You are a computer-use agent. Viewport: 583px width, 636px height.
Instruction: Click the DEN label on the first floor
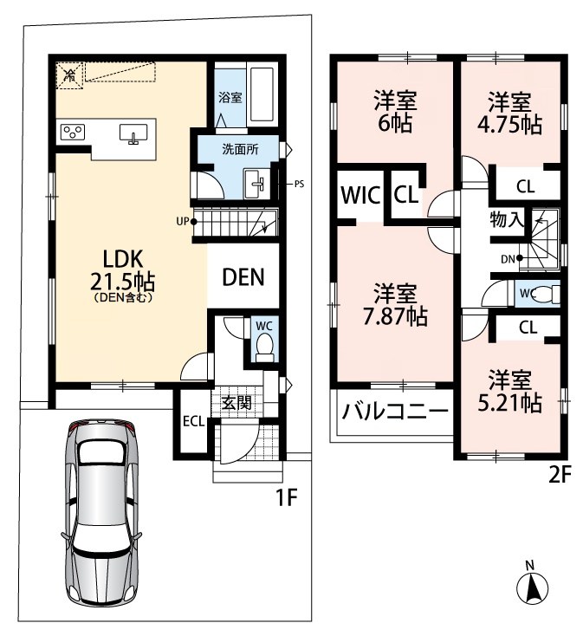coord(243,277)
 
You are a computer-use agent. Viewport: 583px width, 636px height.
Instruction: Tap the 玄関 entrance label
coord(236,403)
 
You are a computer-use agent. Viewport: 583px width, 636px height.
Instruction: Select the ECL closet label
coord(193,421)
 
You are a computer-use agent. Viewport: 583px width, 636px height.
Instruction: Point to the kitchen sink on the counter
coord(133,133)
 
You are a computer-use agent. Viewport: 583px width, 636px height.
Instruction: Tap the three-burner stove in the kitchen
coord(73,132)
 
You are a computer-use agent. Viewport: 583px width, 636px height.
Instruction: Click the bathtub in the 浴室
coord(262,94)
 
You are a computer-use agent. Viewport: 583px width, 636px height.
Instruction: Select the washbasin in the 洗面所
coord(254,184)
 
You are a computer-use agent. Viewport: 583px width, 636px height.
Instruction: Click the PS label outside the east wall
coord(299,185)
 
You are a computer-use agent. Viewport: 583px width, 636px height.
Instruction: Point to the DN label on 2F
coord(508,259)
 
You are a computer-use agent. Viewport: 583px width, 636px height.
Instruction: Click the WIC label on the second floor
coord(360,195)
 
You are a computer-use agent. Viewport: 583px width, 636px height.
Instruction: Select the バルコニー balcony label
coord(395,412)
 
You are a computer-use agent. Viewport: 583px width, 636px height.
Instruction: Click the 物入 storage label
coord(507,219)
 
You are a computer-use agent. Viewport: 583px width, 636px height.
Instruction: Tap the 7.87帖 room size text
coord(395,317)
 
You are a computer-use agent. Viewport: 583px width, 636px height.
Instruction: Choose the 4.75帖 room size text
coord(509,125)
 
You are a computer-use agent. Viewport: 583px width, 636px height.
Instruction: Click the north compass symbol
coord(532,587)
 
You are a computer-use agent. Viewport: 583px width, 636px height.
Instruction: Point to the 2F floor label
coord(560,476)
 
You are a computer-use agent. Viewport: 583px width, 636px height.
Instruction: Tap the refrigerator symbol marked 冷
coord(69,75)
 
